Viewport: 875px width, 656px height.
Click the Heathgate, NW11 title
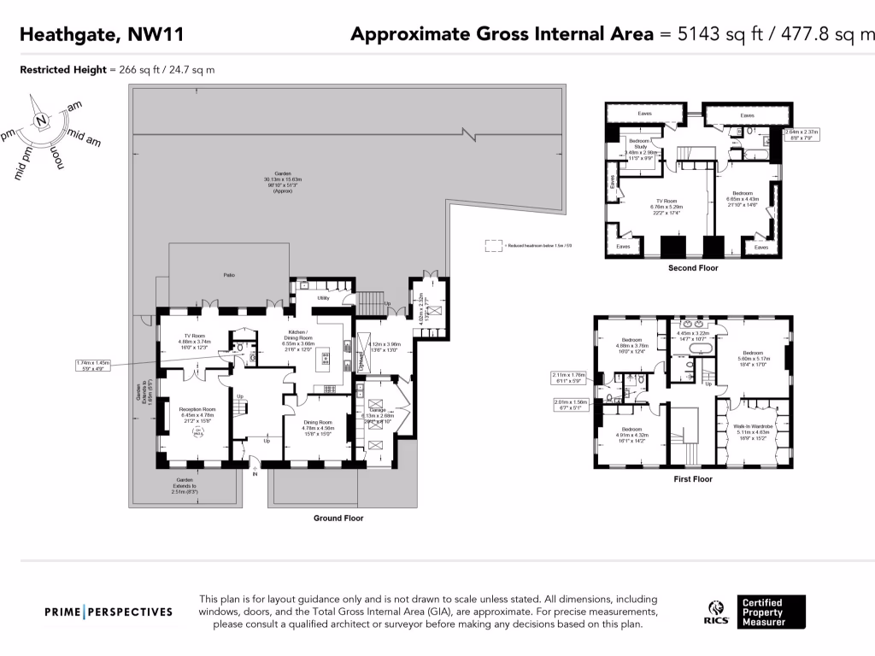click(x=101, y=35)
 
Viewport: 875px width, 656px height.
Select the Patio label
click(x=229, y=274)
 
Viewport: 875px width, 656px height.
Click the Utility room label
click(x=324, y=298)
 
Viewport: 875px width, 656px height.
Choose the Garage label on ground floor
click(x=377, y=410)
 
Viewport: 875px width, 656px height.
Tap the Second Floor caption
click(x=692, y=268)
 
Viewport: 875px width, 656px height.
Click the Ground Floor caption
click(x=339, y=518)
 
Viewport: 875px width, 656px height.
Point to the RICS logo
click(x=714, y=612)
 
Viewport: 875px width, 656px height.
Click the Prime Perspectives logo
click(x=109, y=612)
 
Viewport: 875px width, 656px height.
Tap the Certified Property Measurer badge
click(x=772, y=612)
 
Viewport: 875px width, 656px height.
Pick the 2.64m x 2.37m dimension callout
click(x=801, y=134)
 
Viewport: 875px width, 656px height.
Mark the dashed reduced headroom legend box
click(x=493, y=245)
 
